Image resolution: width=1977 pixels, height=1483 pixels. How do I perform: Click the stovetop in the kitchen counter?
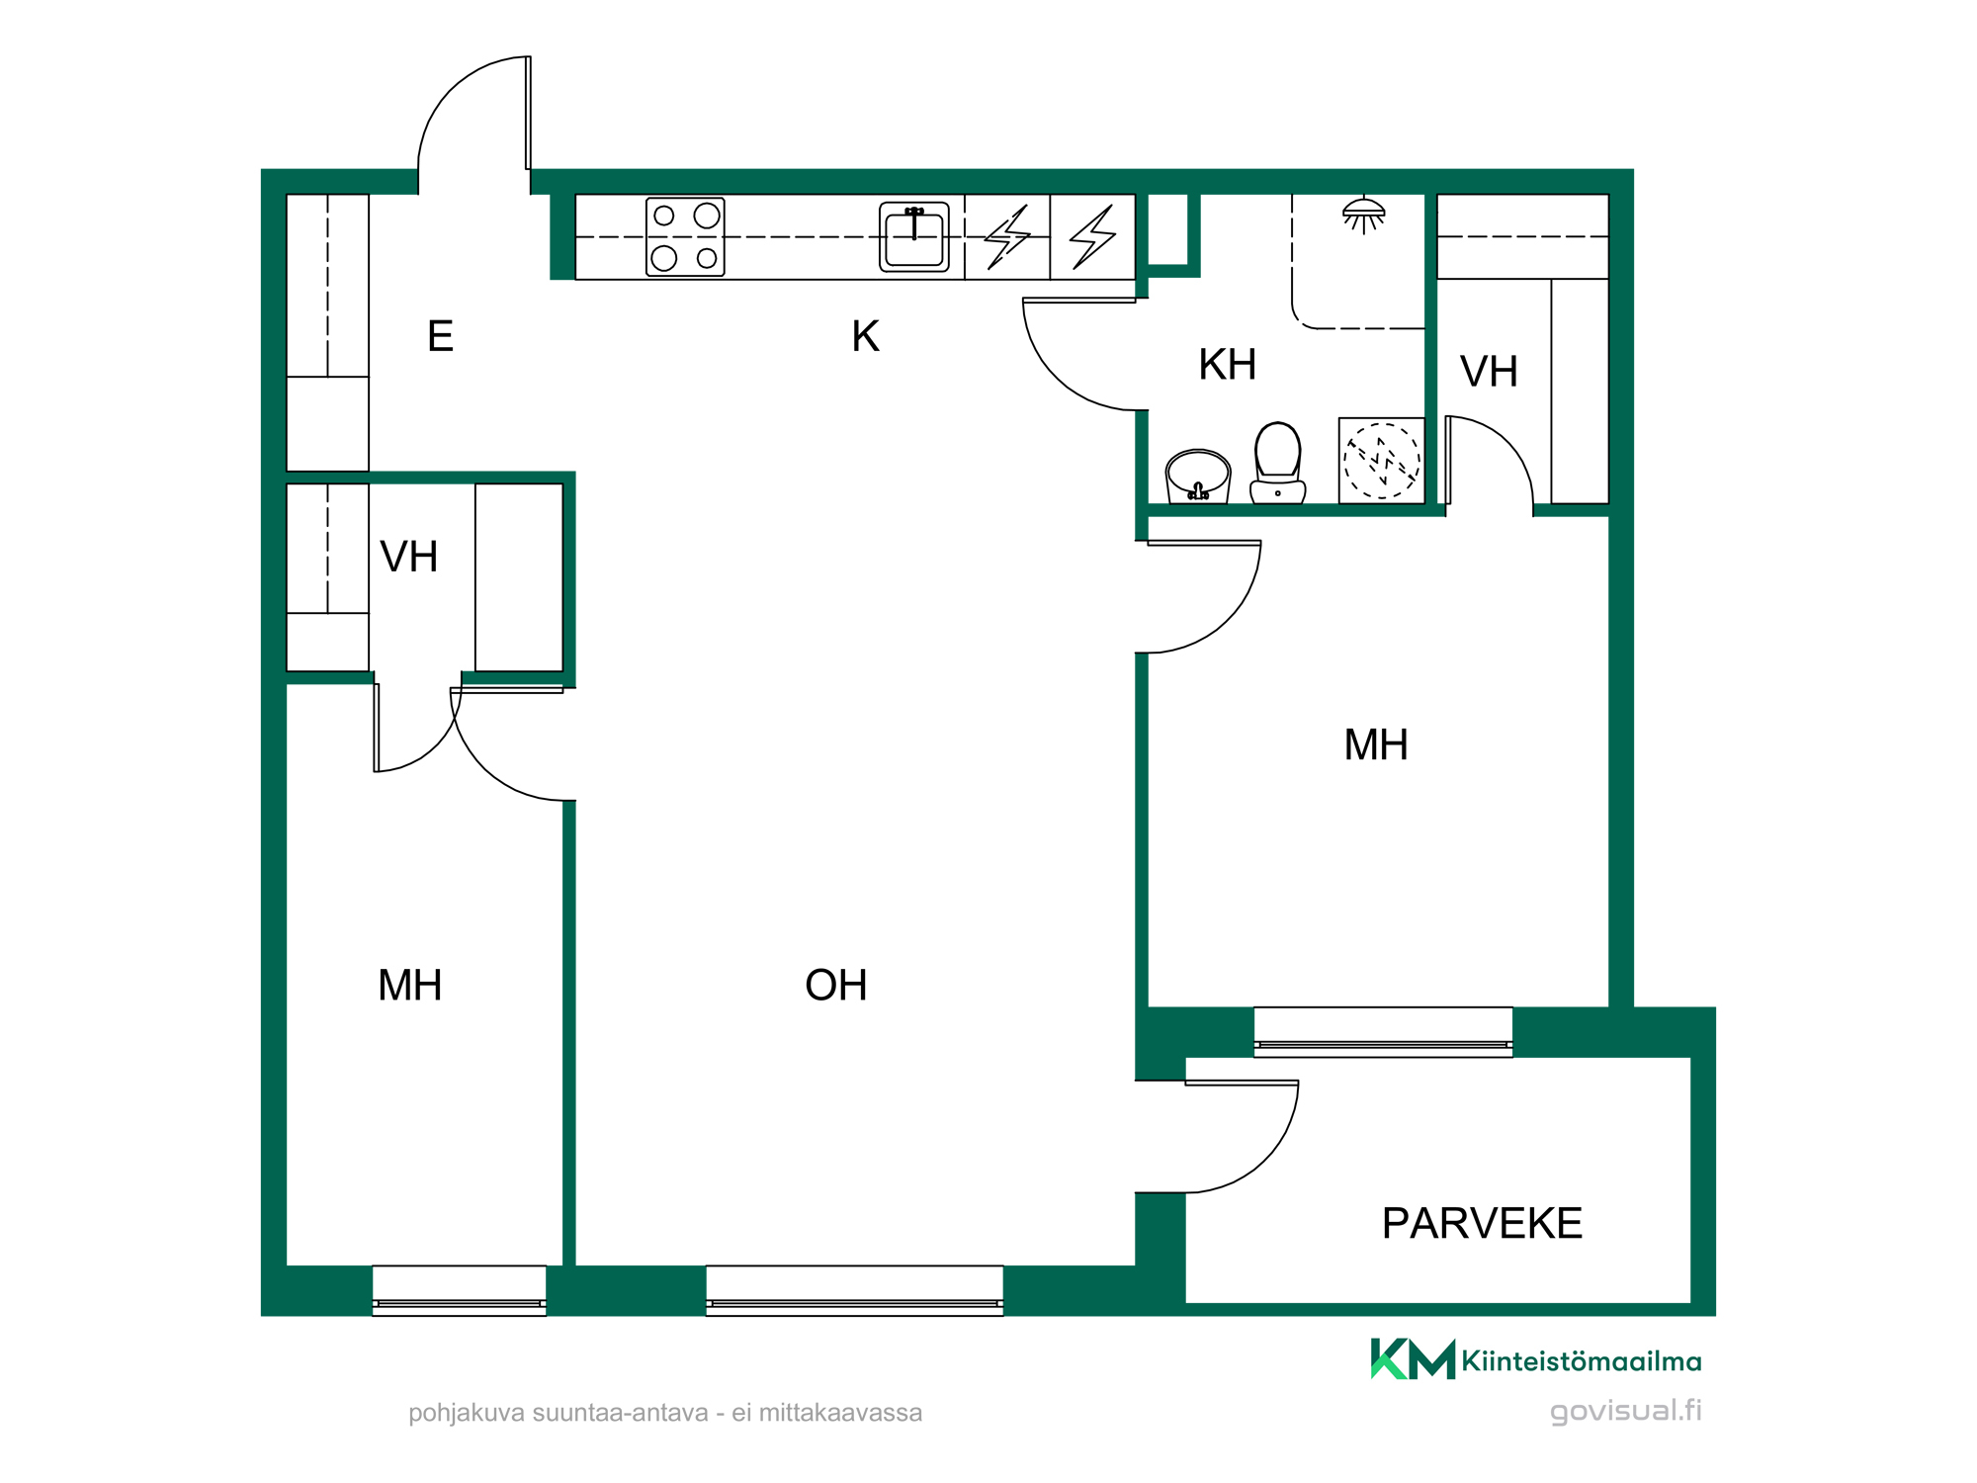(685, 237)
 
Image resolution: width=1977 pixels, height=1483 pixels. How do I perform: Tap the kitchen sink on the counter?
(914, 237)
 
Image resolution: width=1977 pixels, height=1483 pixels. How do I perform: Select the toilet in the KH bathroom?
(1277, 463)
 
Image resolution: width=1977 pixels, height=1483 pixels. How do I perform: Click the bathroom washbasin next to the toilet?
(1198, 477)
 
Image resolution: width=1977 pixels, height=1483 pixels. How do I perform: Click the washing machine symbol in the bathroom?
(1382, 461)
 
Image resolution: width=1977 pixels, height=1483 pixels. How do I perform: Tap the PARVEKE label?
(1482, 1224)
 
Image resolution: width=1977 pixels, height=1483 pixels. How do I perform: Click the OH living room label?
(836, 986)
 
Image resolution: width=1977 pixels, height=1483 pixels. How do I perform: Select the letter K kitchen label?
(866, 336)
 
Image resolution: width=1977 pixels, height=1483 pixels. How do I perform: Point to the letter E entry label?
(440, 337)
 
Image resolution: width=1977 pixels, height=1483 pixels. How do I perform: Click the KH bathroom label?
(1228, 365)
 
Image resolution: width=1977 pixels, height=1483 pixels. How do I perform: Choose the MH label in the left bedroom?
(410, 986)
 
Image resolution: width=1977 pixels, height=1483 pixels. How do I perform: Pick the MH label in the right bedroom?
(1376, 745)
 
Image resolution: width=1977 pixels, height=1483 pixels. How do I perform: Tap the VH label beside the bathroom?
(1490, 373)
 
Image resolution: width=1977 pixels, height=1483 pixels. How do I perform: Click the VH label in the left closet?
(409, 558)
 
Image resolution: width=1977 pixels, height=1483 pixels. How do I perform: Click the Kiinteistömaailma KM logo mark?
(1413, 1359)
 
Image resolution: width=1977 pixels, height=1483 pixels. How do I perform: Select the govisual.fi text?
(1626, 1412)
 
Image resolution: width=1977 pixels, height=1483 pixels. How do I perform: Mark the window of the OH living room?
(855, 1291)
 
